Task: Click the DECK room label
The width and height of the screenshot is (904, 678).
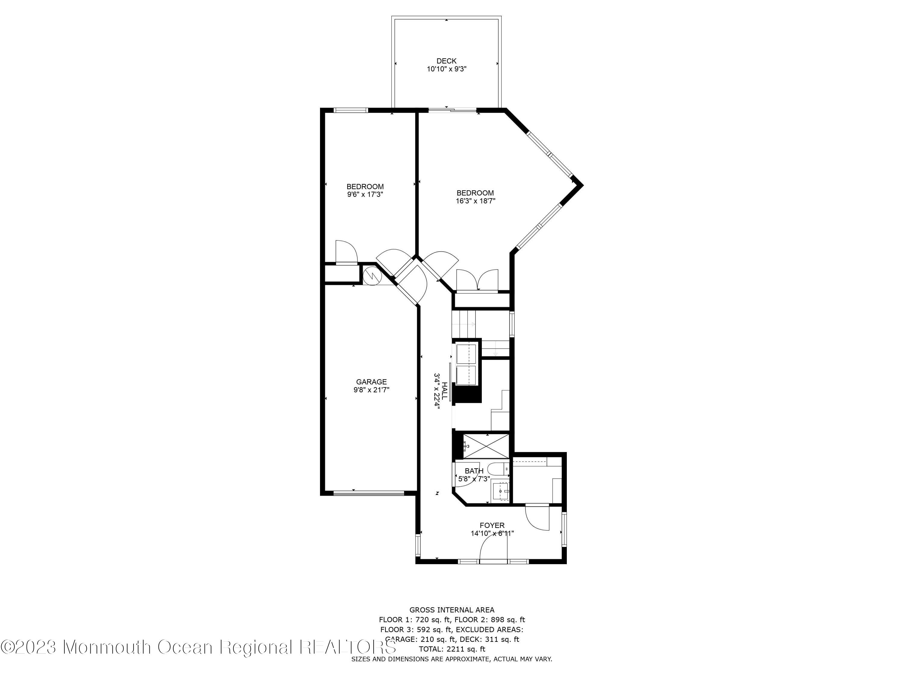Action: pos(446,61)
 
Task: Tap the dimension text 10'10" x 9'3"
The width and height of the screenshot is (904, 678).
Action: pos(446,69)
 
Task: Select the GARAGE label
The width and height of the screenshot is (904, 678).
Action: pos(371,382)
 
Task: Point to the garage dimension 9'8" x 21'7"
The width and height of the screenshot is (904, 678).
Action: pos(371,390)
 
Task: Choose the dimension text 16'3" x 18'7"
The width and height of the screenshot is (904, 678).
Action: pos(475,201)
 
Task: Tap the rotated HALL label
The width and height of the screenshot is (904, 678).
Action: pos(444,391)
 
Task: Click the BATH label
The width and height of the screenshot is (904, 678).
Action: pos(474,471)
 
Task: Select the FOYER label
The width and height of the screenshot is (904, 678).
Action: pos(492,525)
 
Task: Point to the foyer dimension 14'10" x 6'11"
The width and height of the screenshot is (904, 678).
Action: pos(492,533)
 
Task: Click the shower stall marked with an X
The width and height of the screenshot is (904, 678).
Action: pos(486,446)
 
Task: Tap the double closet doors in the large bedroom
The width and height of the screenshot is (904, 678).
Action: pos(477,280)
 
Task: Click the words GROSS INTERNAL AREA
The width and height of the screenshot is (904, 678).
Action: pos(452,610)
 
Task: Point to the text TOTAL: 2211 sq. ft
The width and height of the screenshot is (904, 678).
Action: pos(452,648)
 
